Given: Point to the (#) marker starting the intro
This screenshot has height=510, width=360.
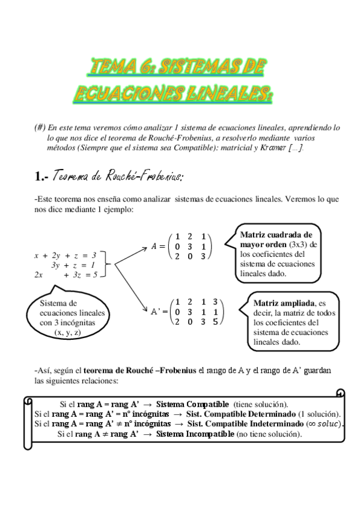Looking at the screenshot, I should [x=40, y=128].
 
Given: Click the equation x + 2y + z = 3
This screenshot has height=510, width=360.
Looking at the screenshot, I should [x=66, y=255].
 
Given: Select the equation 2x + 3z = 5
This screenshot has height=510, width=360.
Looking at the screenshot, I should [x=66, y=275].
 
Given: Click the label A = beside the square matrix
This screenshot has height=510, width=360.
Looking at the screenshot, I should [x=157, y=246].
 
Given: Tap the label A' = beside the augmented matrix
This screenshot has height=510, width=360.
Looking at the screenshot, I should [x=158, y=312].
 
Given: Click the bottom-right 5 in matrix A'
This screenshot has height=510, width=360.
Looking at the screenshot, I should [x=215, y=322].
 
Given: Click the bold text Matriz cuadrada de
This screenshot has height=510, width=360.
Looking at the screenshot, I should [x=276, y=235].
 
